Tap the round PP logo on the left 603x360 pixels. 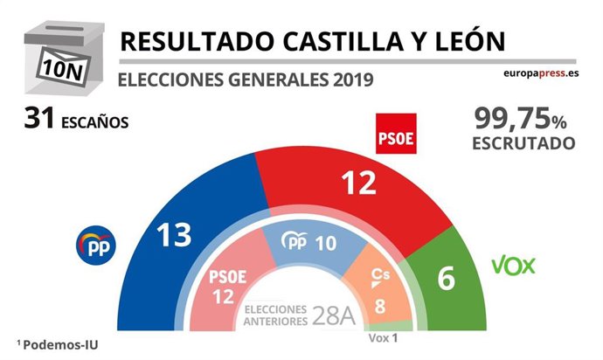pyautogui.click(x=98, y=246)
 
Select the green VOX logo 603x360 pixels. pyautogui.click(x=513, y=265)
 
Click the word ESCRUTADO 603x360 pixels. pyautogui.click(x=523, y=142)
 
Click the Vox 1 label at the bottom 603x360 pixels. pyautogui.click(x=383, y=338)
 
